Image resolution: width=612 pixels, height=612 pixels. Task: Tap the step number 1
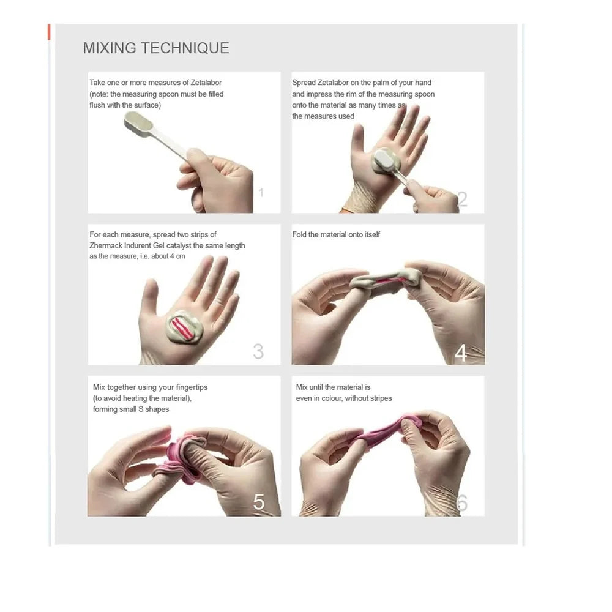261,192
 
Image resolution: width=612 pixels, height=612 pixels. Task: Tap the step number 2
462,199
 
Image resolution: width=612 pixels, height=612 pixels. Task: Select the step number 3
258,351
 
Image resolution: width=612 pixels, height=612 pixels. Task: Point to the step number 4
461,353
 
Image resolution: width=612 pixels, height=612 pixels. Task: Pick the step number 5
259,502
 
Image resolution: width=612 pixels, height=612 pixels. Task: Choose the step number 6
461,502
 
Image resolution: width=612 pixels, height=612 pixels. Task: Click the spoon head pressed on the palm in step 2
384,160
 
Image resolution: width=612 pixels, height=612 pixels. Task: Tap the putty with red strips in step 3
184,327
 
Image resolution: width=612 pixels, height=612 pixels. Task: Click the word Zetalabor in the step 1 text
206,83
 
